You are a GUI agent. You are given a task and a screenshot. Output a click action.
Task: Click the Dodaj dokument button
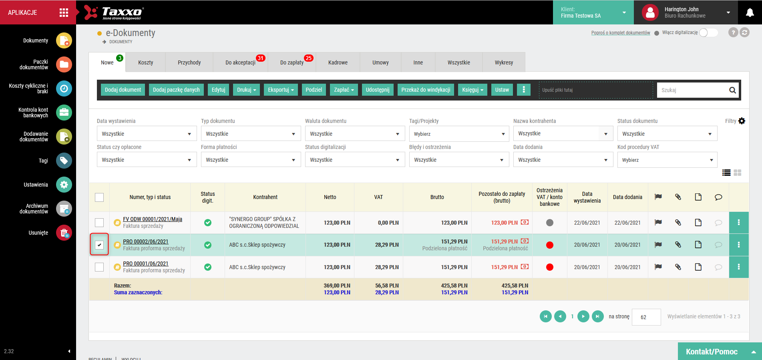coord(123,90)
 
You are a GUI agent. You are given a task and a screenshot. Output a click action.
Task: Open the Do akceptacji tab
coord(240,62)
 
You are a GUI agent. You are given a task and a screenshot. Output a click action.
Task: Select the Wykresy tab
coord(504,62)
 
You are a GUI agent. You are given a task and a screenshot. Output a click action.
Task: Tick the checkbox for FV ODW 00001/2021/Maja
coord(99,223)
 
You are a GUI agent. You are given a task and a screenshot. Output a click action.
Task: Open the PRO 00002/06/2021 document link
coord(146,241)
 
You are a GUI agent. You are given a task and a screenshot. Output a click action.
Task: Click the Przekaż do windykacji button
coord(426,90)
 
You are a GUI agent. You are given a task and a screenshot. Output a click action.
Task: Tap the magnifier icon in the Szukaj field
coord(732,90)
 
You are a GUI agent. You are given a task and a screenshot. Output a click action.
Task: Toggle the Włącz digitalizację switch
coord(708,33)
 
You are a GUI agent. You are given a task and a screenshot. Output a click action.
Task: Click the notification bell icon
coord(750,12)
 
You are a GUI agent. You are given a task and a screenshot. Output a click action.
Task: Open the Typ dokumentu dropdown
coord(251,134)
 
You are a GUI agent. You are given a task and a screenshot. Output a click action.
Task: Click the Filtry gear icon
coord(742,121)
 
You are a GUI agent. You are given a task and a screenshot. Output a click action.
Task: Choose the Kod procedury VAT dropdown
coord(667,160)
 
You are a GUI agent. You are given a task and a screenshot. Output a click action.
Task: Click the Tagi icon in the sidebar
coord(64,161)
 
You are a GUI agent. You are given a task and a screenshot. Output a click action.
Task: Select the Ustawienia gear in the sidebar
coord(64,185)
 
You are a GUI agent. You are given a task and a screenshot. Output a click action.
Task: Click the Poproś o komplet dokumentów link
coord(621,33)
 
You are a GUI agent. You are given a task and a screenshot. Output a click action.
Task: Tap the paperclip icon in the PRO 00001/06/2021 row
coord(678,267)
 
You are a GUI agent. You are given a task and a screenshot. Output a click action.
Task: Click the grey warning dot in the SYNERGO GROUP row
coord(550,223)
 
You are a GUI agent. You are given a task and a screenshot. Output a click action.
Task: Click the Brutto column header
coord(437,197)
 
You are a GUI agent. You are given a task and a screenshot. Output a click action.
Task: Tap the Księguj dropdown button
coord(473,90)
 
